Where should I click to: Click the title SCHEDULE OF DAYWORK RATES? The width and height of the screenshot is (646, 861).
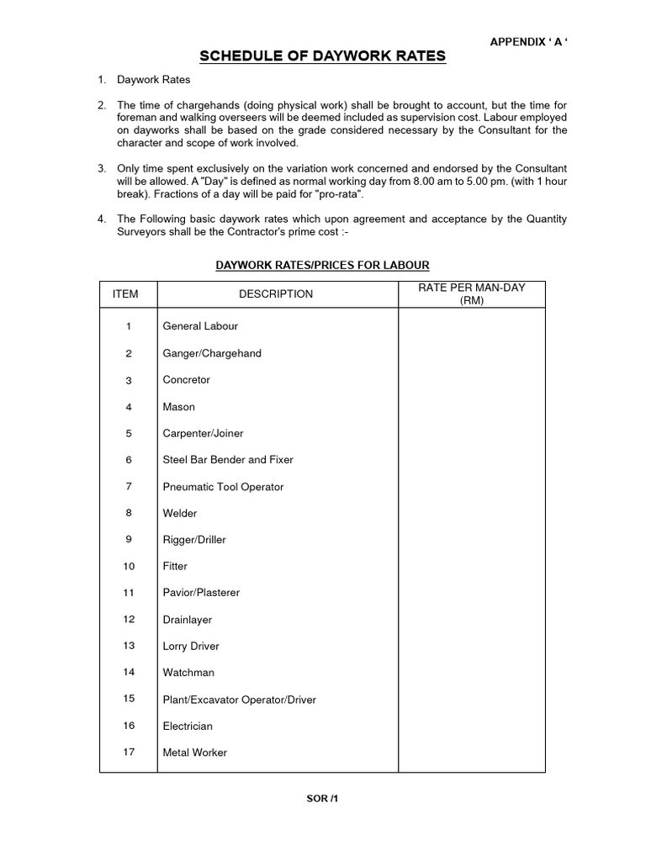[322, 56]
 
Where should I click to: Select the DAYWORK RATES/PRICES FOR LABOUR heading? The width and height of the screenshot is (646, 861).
[322, 265]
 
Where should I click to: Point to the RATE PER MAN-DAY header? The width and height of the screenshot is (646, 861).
[471, 293]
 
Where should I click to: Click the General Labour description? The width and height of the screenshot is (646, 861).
[200, 326]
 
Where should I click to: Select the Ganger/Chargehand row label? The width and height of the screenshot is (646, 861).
[212, 353]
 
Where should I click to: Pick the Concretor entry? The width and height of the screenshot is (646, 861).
[186, 380]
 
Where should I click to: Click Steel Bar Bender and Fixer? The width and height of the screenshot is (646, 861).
[228, 460]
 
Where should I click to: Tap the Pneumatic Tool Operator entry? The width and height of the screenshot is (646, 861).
[223, 487]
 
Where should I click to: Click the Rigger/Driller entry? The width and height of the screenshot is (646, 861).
[194, 540]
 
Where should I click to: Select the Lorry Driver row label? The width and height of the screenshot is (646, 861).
[191, 646]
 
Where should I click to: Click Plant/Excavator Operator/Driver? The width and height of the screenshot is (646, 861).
[239, 700]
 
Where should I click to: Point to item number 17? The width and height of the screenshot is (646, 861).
[129, 752]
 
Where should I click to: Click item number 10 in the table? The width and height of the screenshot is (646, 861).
[129, 566]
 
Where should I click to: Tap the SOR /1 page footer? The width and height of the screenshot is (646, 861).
[322, 798]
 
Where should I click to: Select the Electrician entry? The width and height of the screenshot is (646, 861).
[188, 726]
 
